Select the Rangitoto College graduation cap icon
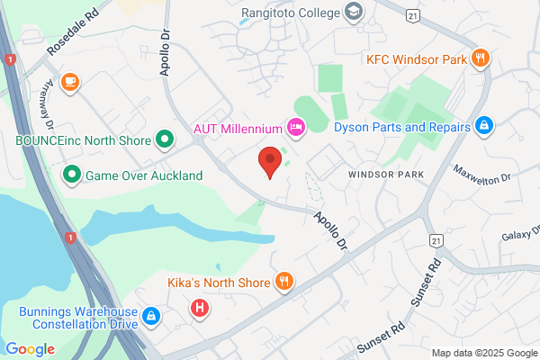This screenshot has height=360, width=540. tap(354, 13)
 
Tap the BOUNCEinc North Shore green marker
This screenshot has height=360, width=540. tap(165, 139)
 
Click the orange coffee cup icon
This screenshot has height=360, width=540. tap(69, 83)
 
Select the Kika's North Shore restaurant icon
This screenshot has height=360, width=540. tap(284, 282)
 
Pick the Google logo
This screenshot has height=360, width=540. tap(30, 348)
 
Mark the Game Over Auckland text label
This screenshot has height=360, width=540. tap(143, 175)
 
